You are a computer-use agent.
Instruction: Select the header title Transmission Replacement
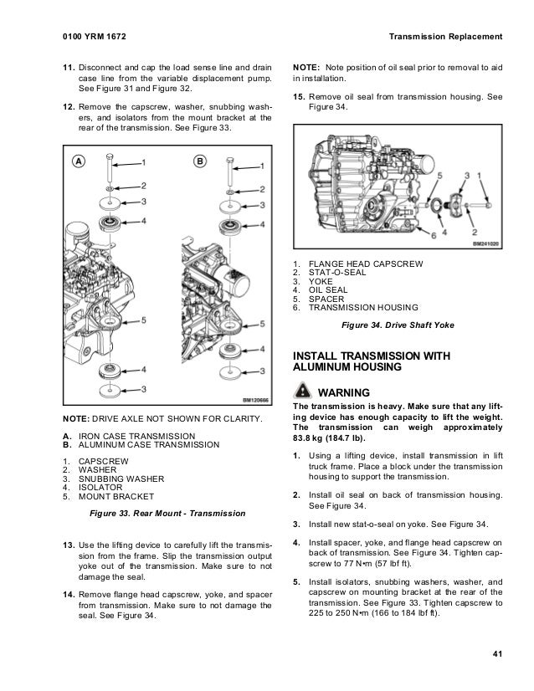tap(446, 36)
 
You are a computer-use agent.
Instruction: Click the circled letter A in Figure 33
tap(77, 162)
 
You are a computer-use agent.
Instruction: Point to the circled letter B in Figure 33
tap(200, 162)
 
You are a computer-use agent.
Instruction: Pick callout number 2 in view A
tap(143, 185)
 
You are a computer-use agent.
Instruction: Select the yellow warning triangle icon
tap(301, 392)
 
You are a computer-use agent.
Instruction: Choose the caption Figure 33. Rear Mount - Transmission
tap(167, 512)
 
